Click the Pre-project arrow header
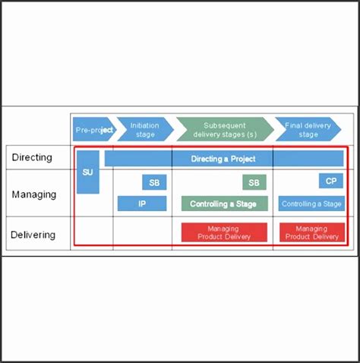[x=93, y=129]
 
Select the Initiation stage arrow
[x=144, y=129]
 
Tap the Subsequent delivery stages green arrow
[x=224, y=129]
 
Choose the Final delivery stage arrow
[x=308, y=129]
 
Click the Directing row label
[x=32, y=158]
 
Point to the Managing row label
[x=33, y=194]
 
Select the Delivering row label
[x=33, y=235]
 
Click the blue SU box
[x=88, y=172]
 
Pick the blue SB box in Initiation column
[x=154, y=182]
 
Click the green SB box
[x=254, y=182]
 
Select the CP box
[x=331, y=181]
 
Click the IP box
[x=142, y=204]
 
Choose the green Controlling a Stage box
[x=224, y=204]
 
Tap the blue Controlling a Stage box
[x=311, y=204]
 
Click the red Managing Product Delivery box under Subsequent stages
[x=224, y=232]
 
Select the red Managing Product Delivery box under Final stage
[x=311, y=232]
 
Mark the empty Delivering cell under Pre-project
[x=92, y=233]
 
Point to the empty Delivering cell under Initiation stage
[x=142, y=233]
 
